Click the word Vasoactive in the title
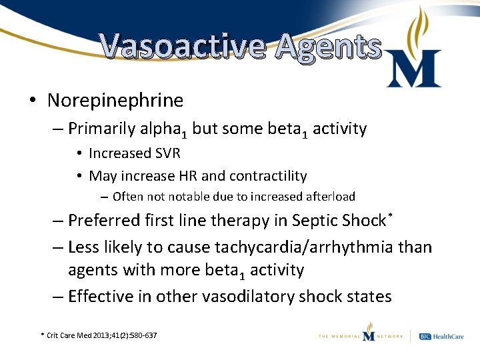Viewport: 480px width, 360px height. click(181, 47)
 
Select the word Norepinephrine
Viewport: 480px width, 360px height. click(115, 101)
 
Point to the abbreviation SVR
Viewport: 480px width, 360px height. click(167, 153)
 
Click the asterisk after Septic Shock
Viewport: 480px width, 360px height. click(389, 216)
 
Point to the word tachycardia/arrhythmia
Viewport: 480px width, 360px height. click(304, 247)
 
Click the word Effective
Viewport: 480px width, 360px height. click(102, 296)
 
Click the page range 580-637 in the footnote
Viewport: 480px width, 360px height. click(141, 335)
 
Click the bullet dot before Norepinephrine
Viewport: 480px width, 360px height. click(32, 101)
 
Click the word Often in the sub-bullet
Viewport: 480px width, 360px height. click(127, 197)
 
